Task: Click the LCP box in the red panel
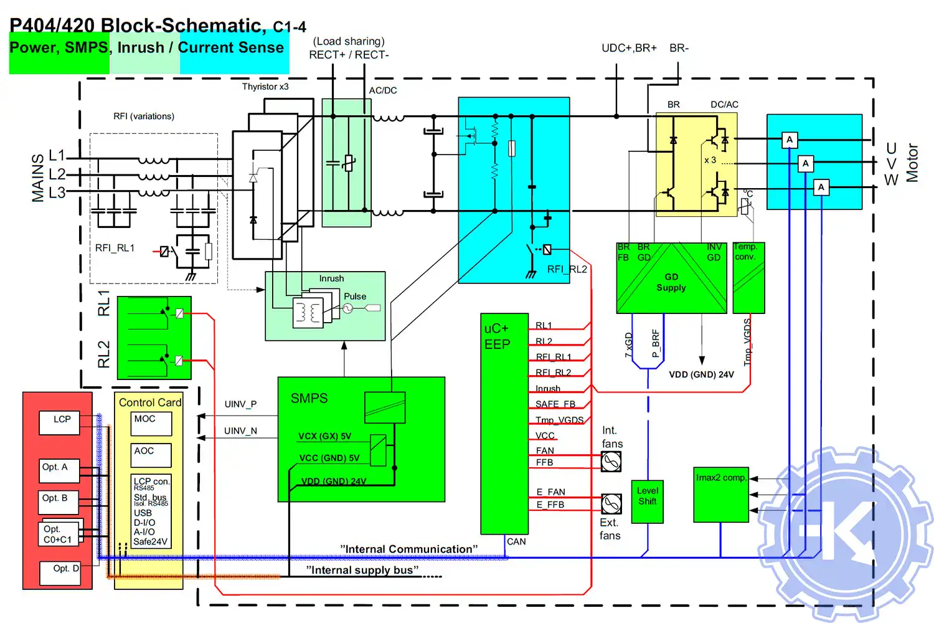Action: (59, 422)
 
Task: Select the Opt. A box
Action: (60, 470)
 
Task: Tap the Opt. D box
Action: (60, 573)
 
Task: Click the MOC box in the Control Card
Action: (151, 423)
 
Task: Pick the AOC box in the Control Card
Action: (151, 455)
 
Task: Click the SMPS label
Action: (309, 399)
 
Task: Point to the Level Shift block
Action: (648, 501)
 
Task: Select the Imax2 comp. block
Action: (721, 494)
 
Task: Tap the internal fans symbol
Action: (611, 461)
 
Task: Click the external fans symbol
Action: (611, 503)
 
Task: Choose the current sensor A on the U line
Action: (790, 140)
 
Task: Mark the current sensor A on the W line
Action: (821, 187)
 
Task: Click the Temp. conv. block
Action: (748, 277)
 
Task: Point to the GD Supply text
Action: (671, 282)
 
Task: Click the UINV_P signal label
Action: (240, 404)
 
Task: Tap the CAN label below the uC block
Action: (516, 542)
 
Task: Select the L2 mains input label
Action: (57, 174)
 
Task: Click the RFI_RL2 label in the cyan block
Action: (567, 269)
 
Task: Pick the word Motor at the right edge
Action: (912, 163)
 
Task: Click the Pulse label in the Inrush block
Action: (355, 297)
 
